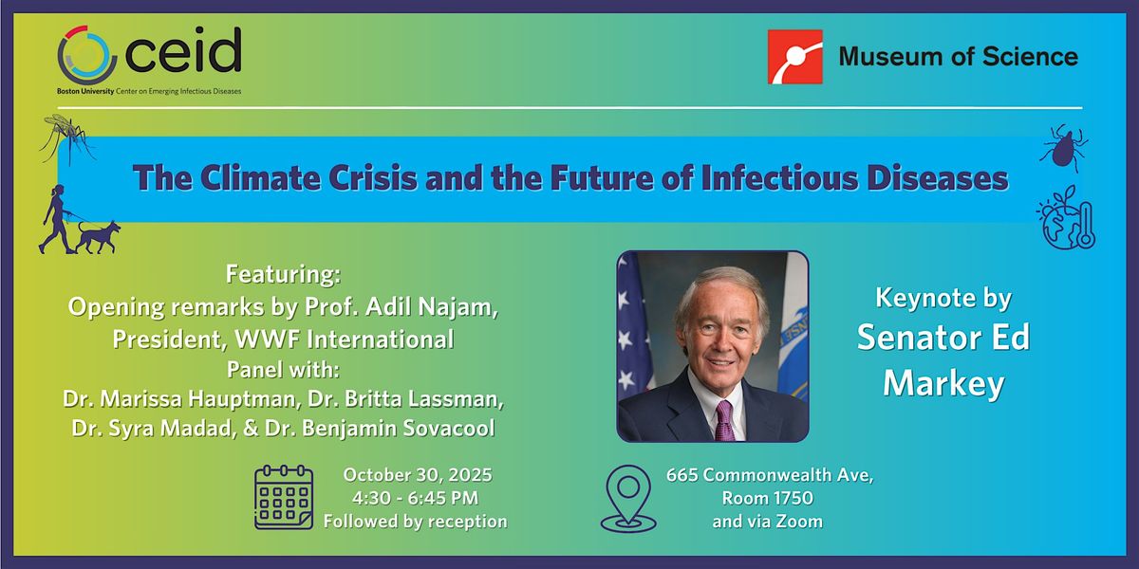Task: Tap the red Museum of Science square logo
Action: point(794,56)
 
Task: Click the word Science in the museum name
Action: point(1030,56)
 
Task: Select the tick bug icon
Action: point(1064,148)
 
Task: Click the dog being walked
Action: point(98,237)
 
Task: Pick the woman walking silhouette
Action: point(57,219)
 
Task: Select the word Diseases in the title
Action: point(938,178)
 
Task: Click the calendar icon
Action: point(284,497)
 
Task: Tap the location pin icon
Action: point(628,499)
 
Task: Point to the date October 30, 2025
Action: point(418,475)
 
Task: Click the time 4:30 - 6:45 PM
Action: point(416,499)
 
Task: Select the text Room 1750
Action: point(767,499)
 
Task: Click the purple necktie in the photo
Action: point(724,420)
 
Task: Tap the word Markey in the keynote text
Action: point(943,385)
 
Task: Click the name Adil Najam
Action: point(432,307)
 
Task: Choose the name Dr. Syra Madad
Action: point(154,429)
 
